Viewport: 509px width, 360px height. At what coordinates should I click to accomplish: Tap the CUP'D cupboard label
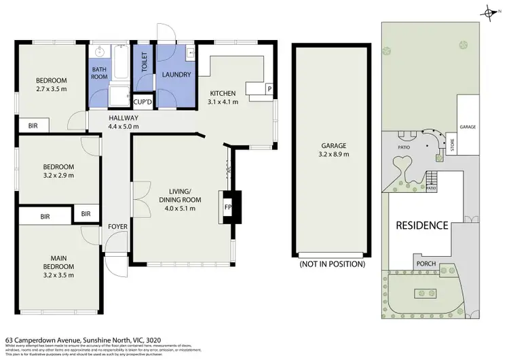[143, 102]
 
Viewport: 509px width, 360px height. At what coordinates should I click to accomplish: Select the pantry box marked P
[269, 89]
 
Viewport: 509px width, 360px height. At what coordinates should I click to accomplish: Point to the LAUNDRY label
[176, 75]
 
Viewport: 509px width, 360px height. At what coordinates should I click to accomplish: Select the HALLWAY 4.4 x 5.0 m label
[124, 122]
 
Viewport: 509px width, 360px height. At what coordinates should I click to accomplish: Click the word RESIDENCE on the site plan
[422, 226]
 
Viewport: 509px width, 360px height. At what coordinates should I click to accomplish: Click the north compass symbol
[488, 12]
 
